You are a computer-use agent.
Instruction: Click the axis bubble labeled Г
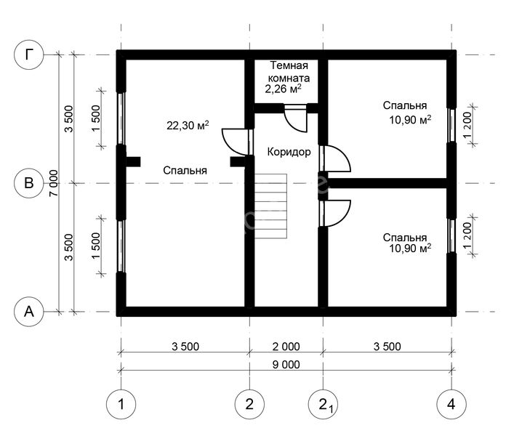[x=29, y=54]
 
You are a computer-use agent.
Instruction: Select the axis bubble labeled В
[x=29, y=183]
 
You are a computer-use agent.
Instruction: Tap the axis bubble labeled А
[x=29, y=311]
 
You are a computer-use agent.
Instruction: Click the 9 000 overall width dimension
[x=286, y=365]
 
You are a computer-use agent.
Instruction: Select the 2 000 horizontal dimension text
[x=286, y=347]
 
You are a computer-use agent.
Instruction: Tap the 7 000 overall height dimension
[x=55, y=183]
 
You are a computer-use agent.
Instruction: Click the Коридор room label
[x=289, y=153]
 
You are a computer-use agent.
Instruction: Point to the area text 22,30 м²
[x=188, y=125]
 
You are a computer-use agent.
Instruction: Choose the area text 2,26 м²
[x=283, y=90]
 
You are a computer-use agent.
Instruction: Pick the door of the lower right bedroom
[x=336, y=212]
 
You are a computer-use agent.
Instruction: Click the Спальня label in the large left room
[x=185, y=171]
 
